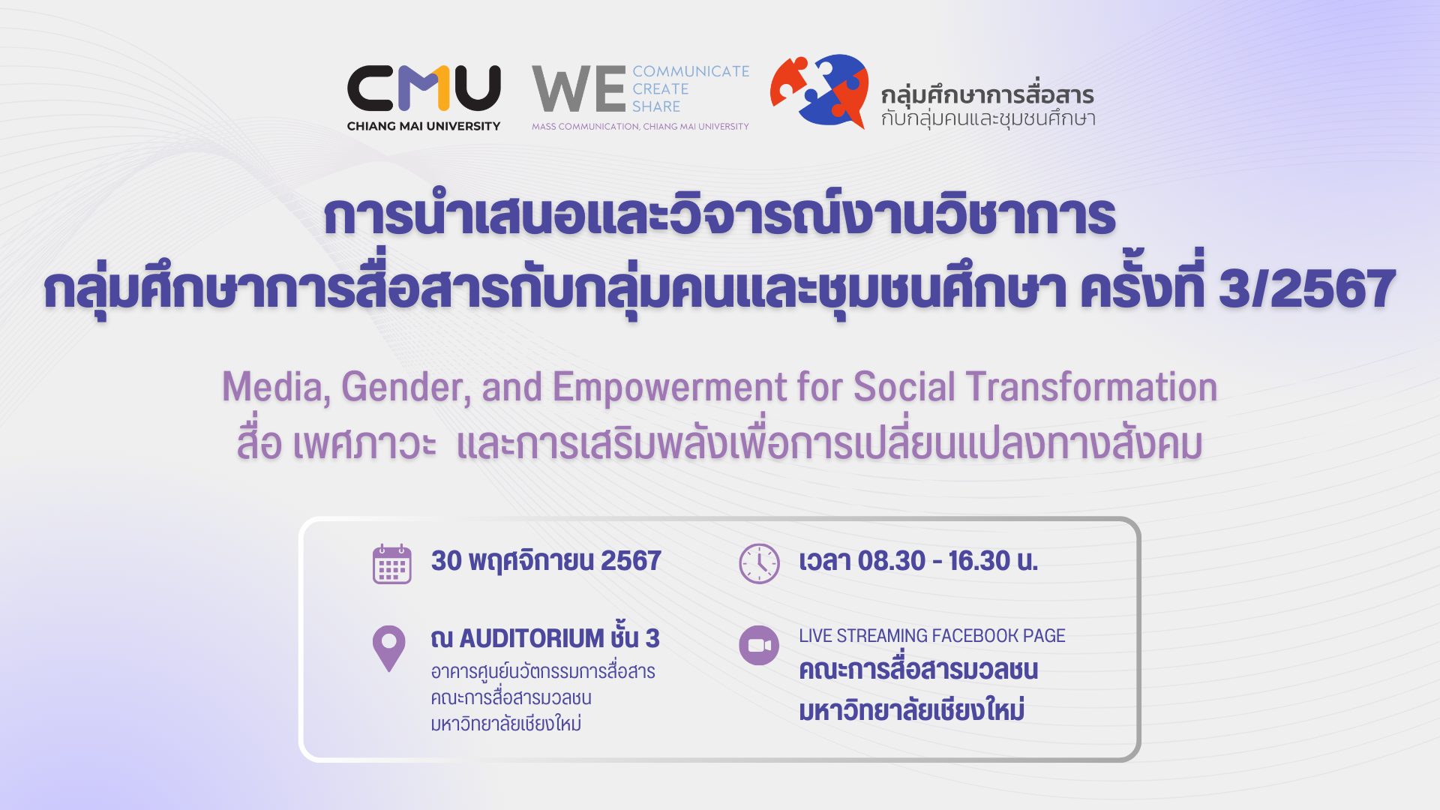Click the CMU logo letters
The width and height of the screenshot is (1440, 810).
tap(424, 88)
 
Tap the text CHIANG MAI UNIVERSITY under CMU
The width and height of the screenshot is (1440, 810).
tap(424, 126)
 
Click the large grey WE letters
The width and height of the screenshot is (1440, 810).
tap(579, 89)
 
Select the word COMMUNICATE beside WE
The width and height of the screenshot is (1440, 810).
tap(691, 71)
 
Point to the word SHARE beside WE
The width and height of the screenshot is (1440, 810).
tap(656, 106)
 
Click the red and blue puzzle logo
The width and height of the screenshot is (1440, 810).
tap(819, 91)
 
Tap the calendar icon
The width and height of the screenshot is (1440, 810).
tap(392, 564)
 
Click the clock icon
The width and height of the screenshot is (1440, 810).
tap(759, 564)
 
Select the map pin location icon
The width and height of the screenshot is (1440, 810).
tap(388, 649)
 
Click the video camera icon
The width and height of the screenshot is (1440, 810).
tap(759, 645)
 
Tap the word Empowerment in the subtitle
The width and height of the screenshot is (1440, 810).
tap(670, 388)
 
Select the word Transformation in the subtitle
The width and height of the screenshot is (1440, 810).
tap(1091, 387)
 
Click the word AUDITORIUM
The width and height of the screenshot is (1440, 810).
tap(532, 638)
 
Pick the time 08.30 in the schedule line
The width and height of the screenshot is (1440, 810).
tap(892, 561)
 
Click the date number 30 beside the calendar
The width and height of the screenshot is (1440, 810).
tap(446, 561)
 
